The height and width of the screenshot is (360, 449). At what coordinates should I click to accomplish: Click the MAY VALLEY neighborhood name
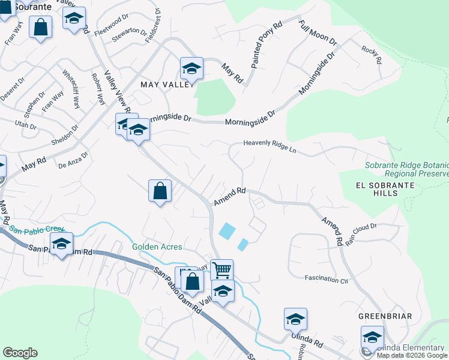coord(166,85)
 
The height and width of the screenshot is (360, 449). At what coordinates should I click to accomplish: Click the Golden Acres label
coord(157,247)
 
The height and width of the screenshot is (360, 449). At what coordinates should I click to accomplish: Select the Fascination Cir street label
coord(327,279)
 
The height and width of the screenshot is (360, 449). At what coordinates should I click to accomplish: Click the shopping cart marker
coord(222,271)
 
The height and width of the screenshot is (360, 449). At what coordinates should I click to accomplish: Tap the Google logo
coord(20,353)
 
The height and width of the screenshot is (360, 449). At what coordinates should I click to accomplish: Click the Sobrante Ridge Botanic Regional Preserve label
coord(407,169)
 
